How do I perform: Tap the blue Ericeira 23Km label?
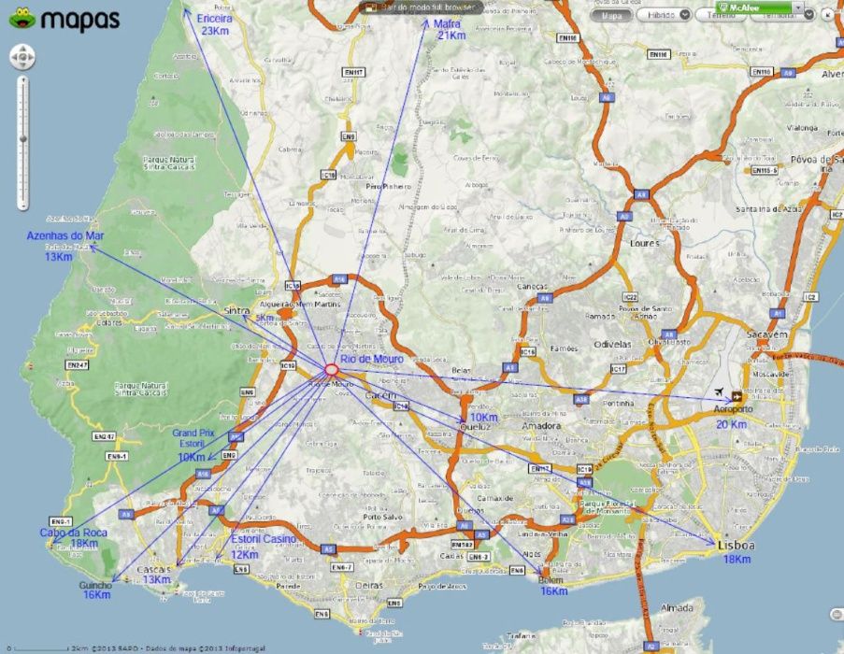(x=215, y=24)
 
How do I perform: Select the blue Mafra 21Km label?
(x=451, y=29)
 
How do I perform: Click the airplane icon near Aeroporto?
(x=719, y=393)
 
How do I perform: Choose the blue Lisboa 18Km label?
(x=737, y=551)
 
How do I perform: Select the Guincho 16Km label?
(x=96, y=590)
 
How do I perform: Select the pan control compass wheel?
(x=22, y=58)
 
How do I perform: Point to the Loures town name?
(x=645, y=244)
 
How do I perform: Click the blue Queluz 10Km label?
(x=482, y=421)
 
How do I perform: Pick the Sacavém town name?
(x=766, y=334)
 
